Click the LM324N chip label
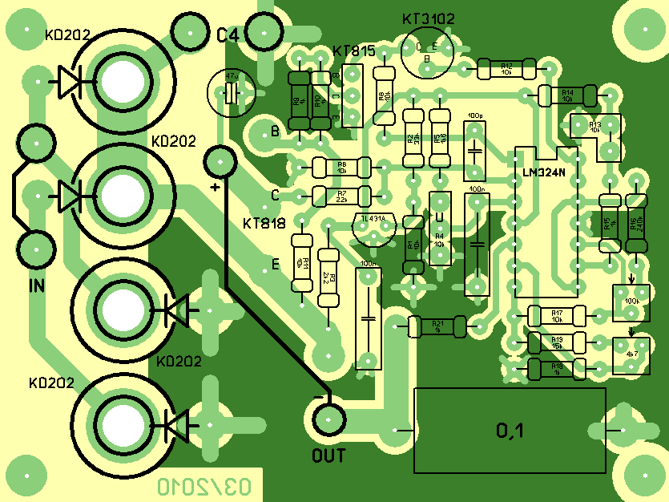(x=543, y=172)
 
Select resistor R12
(x=506, y=69)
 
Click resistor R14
(x=567, y=95)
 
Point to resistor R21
(x=437, y=326)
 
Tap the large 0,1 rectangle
(x=510, y=431)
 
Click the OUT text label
(x=328, y=456)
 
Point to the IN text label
(x=37, y=285)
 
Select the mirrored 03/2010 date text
(x=204, y=486)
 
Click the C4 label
(x=228, y=34)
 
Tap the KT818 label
(x=264, y=223)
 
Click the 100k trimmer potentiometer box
(x=631, y=300)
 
